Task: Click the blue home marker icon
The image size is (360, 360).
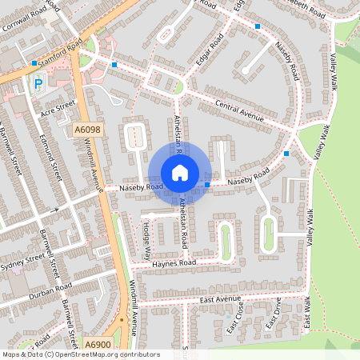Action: pos(180,172)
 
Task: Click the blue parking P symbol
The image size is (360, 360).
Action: pos(38,82)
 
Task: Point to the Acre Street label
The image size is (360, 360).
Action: pos(57,109)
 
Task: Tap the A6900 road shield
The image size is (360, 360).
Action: pos(97,345)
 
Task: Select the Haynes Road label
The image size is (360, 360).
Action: pos(174,262)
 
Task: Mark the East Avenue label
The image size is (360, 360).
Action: pos(221,299)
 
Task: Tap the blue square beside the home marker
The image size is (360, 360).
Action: pos(207,185)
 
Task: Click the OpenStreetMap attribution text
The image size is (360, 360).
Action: pos(81,354)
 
